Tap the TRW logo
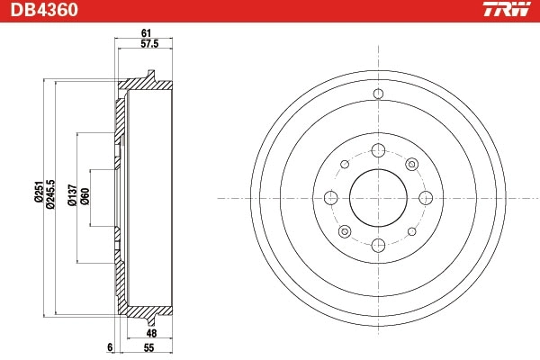[x=506, y=11]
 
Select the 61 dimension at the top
[x=145, y=34]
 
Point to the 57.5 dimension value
[x=148, y=45]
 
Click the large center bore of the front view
[x=377, y=197]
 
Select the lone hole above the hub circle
[x=377, y=94]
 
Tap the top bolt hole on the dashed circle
[x=377, y=150]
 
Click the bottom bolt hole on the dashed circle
[x=377, y=244]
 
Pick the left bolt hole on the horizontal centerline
[x=330, y=197]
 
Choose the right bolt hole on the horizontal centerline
[x=424, y=197]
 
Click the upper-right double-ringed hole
[x=411, y=164]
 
